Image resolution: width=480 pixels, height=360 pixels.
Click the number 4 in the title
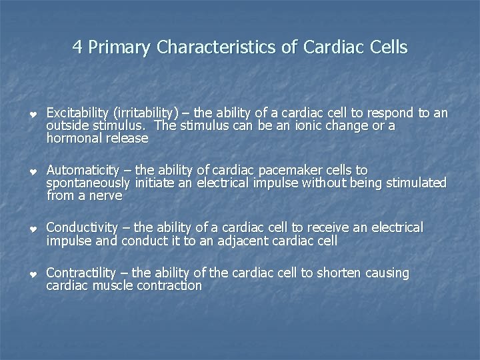tap(77, 48)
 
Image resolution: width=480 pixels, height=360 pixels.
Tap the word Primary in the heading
tap(119, 48)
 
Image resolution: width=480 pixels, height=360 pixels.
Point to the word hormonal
tap(71, 139)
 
